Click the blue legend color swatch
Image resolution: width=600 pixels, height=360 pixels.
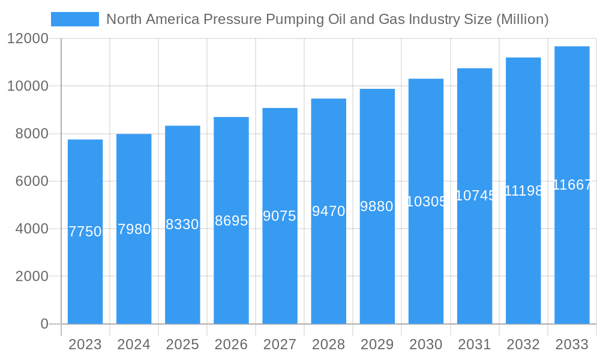pyautogui.click(x=75, y=19)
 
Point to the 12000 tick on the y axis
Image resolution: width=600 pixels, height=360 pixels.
pyautogui.click(x=28, y=39)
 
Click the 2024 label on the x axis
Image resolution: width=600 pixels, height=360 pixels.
pyautogui.click(x=134, y=345)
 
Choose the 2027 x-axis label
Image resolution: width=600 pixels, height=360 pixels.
pyautogui.click(x=280, y=345)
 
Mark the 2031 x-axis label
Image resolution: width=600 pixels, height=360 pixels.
pyautogui.click(x=475, y=345)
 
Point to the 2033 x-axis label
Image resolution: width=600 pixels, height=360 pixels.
pyautogui.click(x=572, y=345)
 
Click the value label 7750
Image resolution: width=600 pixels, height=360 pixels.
pyautogui.click(x=85, y=232)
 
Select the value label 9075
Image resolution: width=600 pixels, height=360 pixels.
pyautogui.click(x=280, y=216)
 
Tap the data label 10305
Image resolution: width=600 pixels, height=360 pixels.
pyautogui.click(x=426, y=202)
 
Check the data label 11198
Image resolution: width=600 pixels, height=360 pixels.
pyautogui.click(x=523, y=191)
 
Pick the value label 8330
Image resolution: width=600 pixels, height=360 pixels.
pyautogui.click(x=182, y=224)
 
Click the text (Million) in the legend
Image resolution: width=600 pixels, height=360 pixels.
pyautogui.click(x=521, y=20)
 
